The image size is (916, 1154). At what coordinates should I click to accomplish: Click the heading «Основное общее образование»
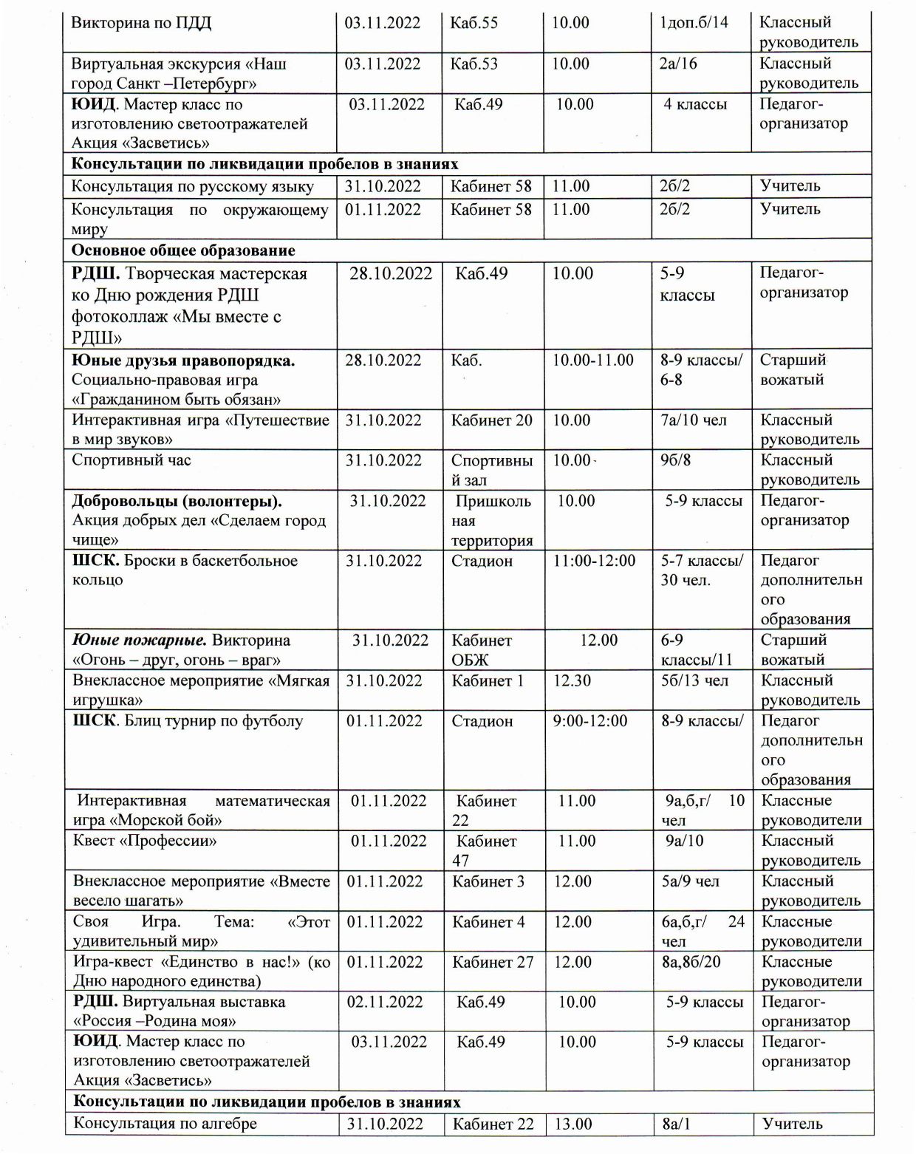pyautogui.click(x=183, y=250)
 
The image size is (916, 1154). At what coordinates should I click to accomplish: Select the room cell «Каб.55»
pyautogui.click(x=474, y=23)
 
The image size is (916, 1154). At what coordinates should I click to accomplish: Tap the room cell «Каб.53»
pyautogui.click(x=474, y=64)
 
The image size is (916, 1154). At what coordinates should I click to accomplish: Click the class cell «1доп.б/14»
pyautogui.click(x=694, y=23)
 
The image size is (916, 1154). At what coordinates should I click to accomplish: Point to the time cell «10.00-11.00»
pyautogui.click(x=593, y=361)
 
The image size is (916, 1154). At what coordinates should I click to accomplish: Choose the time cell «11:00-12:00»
pyautogui.click(x=594, y=561)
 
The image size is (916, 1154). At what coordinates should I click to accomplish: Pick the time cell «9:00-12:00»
pyautogui.click(x=590, y=721)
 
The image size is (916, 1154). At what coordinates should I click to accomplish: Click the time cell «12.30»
pyautogui.click(x=572, y=680)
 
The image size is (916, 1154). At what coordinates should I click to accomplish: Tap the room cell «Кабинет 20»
pyautogui.click(x=491, y=420)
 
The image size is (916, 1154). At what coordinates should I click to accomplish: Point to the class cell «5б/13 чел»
pyautogui.click(x=694, y=680)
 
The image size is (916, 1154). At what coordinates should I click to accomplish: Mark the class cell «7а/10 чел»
pyautogui.click(x=694, y=420)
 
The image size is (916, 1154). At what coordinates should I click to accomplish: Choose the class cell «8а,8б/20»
pyautogui.click(x=691, y=962)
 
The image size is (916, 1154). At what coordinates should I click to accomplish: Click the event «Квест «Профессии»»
pyautogui.click(x=145, y=841)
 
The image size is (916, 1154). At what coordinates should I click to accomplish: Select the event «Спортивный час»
pyautogui.click(x=131, y=460)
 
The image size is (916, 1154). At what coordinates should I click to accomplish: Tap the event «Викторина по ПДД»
pyautogui.click(x=141, y=23)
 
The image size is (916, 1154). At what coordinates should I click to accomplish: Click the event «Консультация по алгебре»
pyautogui.click(x=165, y=1124)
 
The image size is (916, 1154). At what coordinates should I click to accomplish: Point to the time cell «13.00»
pyautogui.click(x=573, y=1124)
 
